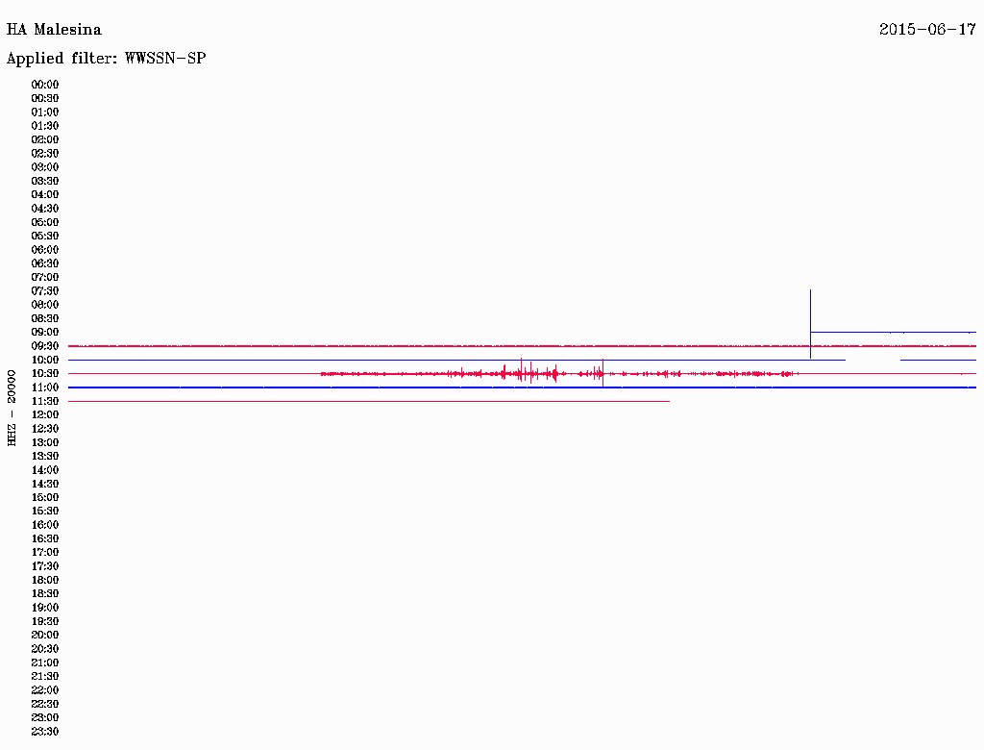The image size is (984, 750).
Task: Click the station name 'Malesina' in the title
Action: coord(68,30)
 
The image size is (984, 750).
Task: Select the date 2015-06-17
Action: coord(927,30)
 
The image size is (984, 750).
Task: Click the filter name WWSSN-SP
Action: coord(165,59)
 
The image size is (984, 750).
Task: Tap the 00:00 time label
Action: coord(45,85)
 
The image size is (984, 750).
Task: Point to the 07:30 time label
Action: coord(45,290)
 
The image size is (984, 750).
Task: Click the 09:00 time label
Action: coord(45,333)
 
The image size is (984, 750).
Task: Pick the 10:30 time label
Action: coord(45,374)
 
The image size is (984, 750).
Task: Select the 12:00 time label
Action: coord(45,414)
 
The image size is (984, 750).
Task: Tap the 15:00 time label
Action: coord(45,497)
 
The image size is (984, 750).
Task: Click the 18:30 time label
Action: coord(45,593)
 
